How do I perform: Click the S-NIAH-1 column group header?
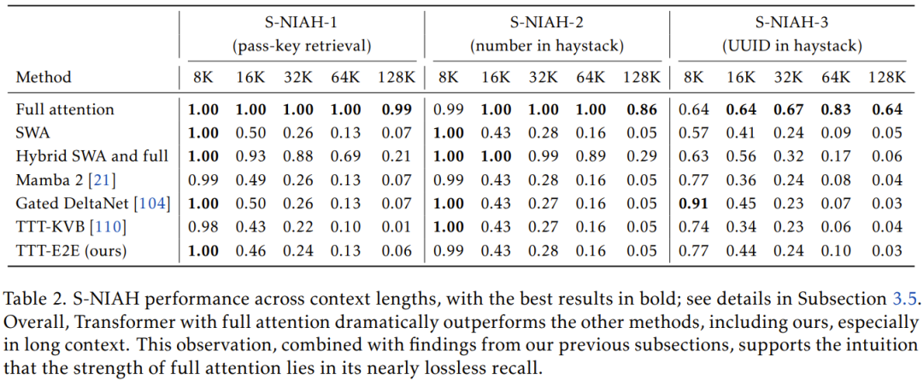tap(302, 23)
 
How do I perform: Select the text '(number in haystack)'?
tap(547, 45)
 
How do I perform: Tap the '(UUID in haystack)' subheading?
tap(791, 45)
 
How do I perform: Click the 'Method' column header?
tap(44, 77)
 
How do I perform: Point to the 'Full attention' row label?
tap(65, 109)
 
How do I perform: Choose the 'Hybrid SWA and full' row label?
tap(91, 156)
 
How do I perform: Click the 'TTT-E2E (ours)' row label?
tap(72, 250)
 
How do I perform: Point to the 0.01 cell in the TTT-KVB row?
tap(398, 227)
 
